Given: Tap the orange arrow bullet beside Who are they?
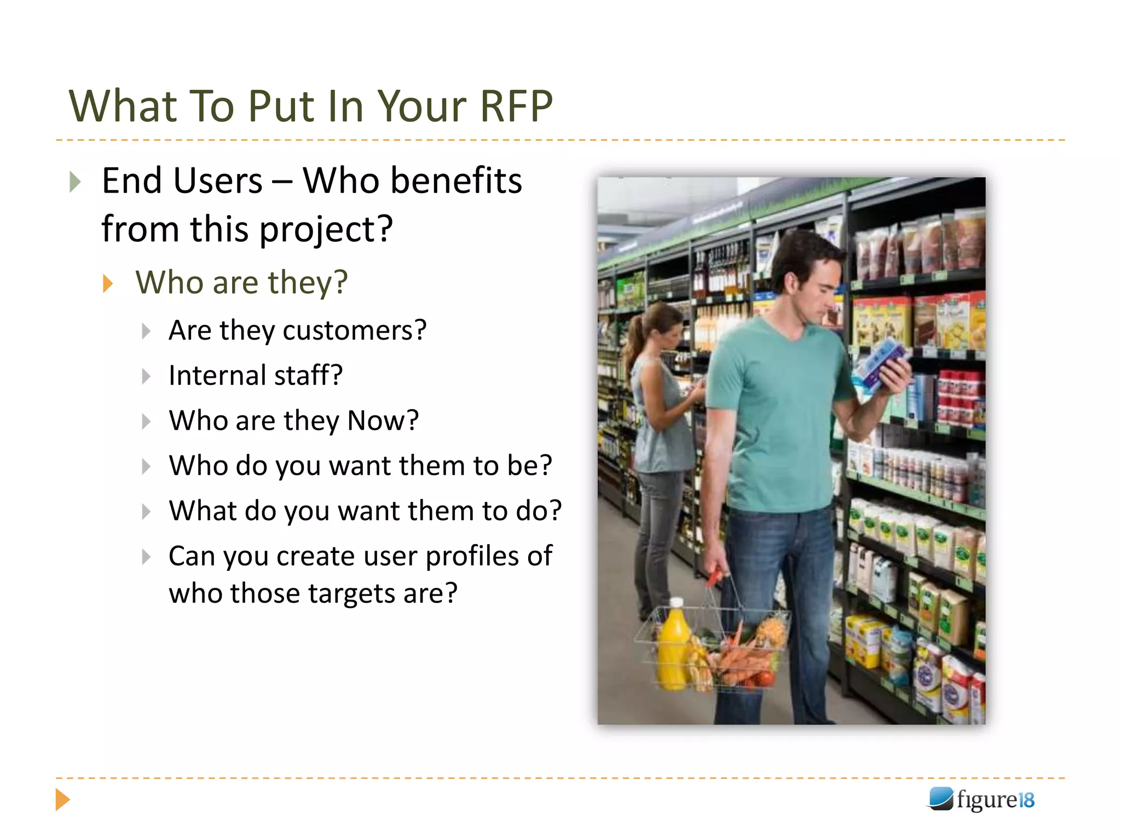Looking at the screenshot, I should (108, 284).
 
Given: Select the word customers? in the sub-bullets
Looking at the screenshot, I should (354, 330).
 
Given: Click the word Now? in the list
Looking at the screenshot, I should (383, 421).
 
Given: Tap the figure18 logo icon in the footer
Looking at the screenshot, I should (940, 799).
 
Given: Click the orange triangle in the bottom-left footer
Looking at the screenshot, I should (62, 800).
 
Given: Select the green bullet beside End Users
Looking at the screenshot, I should (75, 182).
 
